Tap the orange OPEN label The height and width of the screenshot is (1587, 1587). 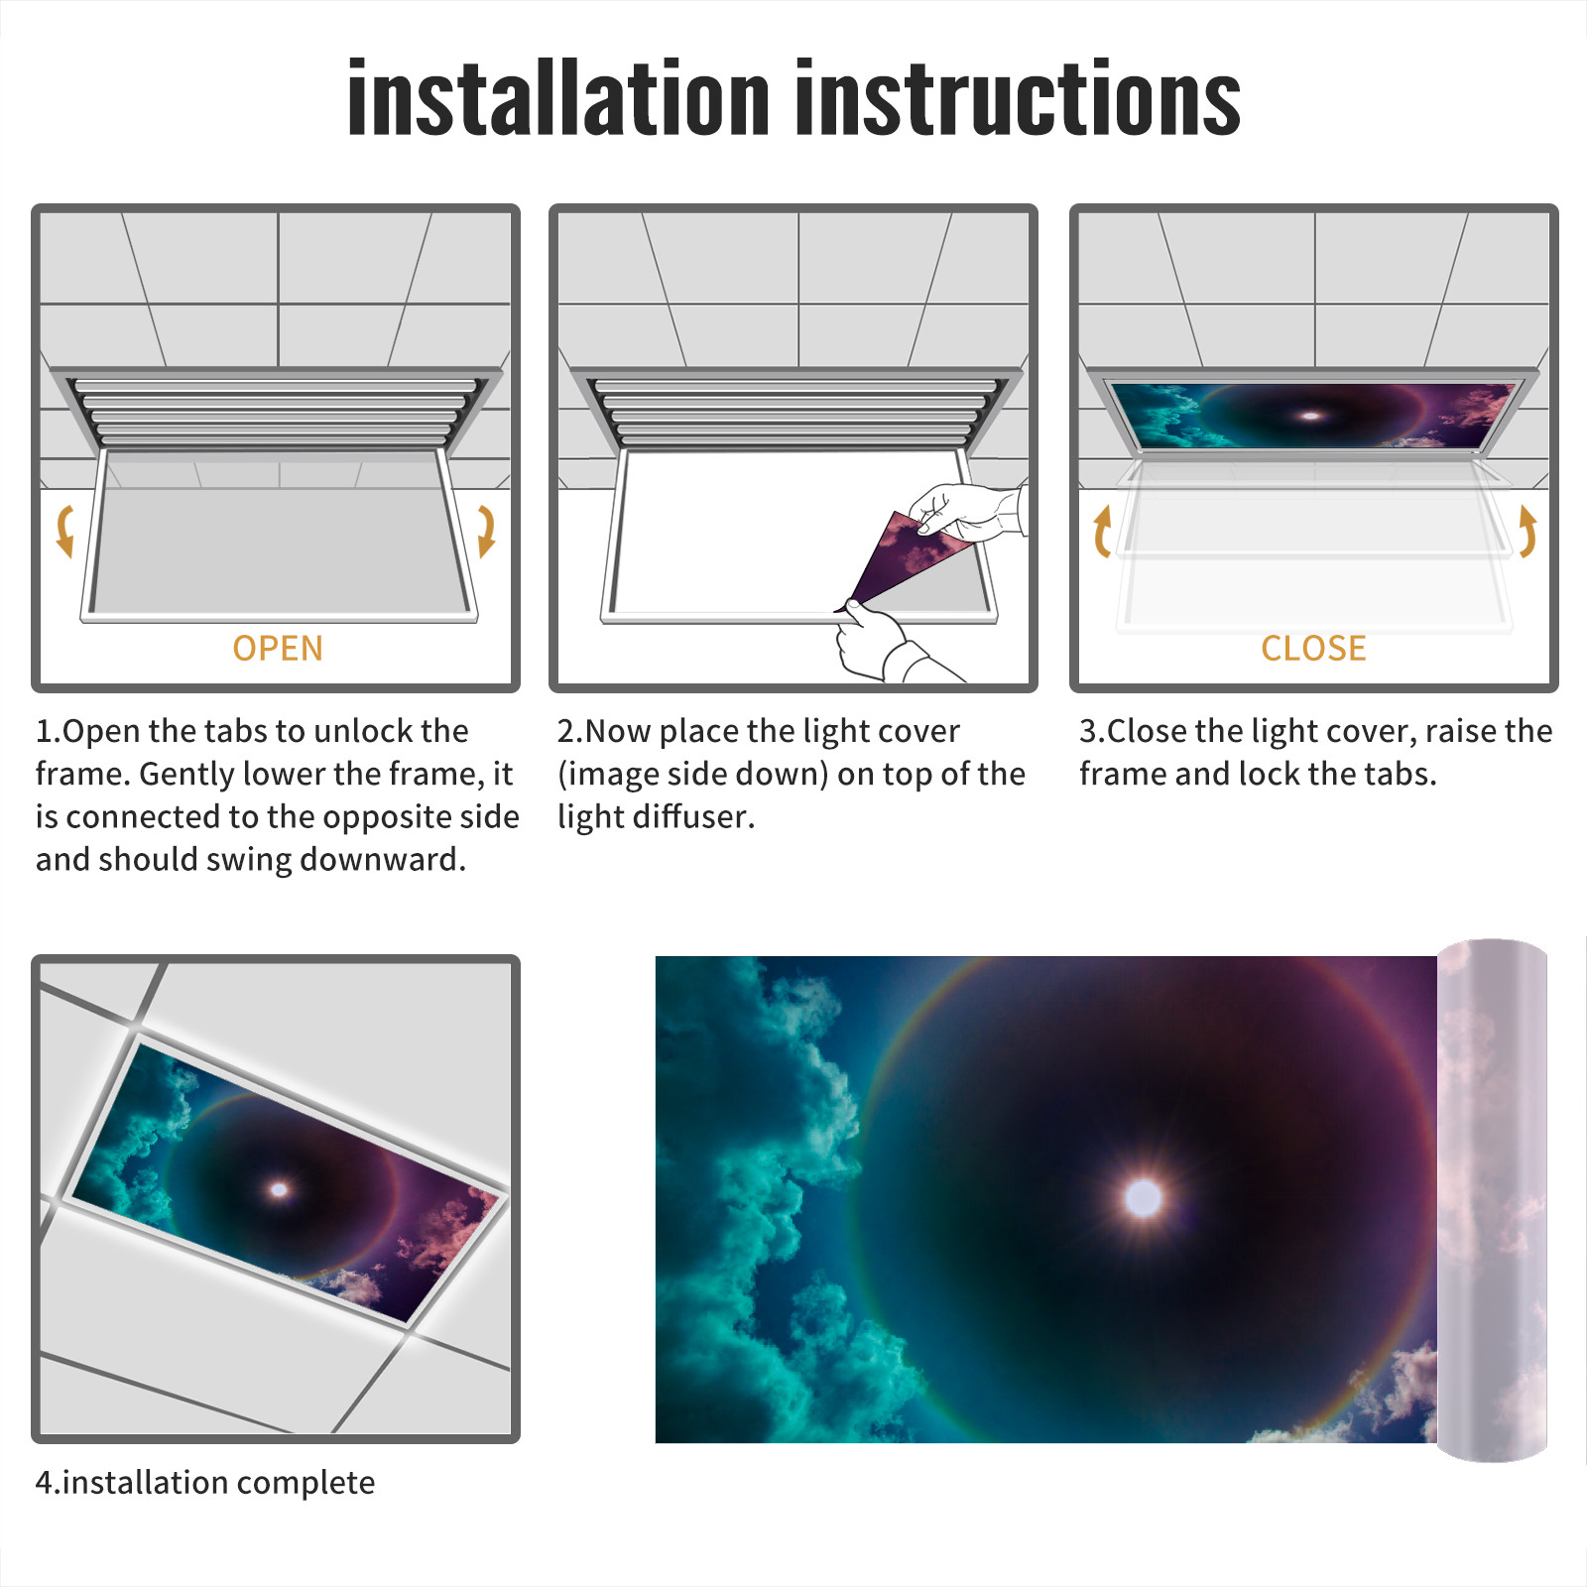click(x=278, y=649)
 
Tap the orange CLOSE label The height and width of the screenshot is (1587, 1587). click(x=1313, y=649)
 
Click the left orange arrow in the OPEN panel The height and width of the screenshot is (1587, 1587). click(x=65, y=531)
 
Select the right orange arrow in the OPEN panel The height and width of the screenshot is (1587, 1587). click(x=486, y=531)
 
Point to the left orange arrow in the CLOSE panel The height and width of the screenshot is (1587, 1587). click(x=1102, y=531)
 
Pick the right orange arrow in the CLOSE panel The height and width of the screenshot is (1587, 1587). click(x=1527, y=531)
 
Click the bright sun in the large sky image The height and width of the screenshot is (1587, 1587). click(x=1144, y=1198)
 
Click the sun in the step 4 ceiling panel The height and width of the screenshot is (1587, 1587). click(x=280, y=1189)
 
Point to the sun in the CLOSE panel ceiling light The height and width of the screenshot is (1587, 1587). click(x=1311, y=416)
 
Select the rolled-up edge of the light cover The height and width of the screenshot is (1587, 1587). click(x=1492, y=1199)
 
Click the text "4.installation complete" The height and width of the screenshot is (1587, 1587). click(x=205, y=1483)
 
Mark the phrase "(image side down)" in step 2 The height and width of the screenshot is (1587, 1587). click(x=692, y=774)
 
